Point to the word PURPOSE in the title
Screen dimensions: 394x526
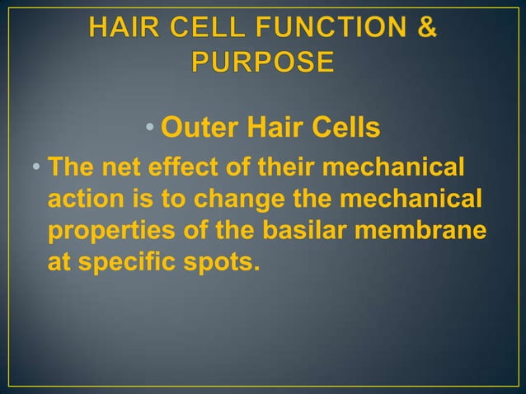pyautogui.click(x=263, y=62)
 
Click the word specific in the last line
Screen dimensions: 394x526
pyautogui.click(x=121, y=265)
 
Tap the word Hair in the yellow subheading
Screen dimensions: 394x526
pyautogui.click(x=270, y=129)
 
